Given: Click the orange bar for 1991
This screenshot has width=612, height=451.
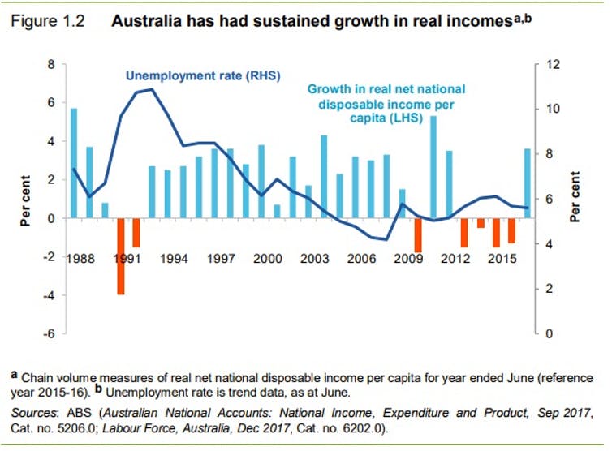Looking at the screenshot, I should pyautogui.click(x=121, y=256).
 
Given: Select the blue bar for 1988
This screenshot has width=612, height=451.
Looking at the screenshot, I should pyautogui.click(x=74, y=162).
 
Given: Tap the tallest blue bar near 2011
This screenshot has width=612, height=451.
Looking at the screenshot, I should pyautogui.click(x=433, y=166).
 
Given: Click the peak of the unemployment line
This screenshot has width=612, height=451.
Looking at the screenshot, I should pyautogui.click(x=152, y=89).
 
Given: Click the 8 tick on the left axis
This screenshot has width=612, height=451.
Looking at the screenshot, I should pyautogui.click(x=50, y=64).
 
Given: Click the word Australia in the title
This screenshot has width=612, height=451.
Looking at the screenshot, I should pyautogui.click(x=145, y=24).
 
